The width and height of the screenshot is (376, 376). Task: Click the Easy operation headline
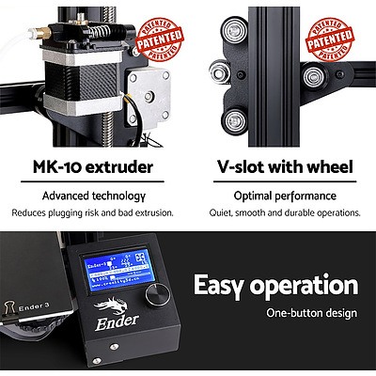click(x=274, y=286)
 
